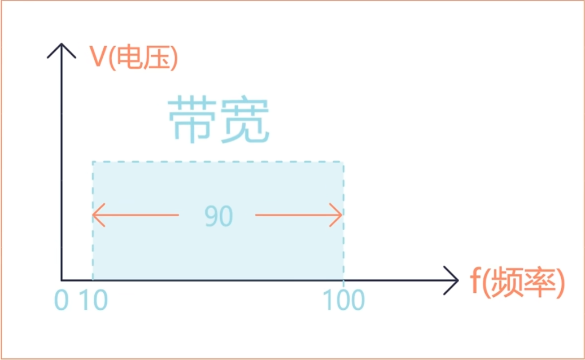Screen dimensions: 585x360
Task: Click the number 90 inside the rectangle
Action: [x=219, y=216]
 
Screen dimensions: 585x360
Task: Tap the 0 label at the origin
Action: [x=61, y=301]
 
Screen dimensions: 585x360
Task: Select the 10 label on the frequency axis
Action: [x=93, y=301]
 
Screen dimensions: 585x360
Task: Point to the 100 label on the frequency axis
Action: [x=344, y=301]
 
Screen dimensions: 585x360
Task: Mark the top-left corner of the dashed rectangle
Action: [x=93, y=163]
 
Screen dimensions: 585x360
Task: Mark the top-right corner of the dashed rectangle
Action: [x=343, y=163]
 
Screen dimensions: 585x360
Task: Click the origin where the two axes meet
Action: [x=62, y=280]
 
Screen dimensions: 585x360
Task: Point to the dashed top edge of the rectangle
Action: [x=218, y=163]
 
